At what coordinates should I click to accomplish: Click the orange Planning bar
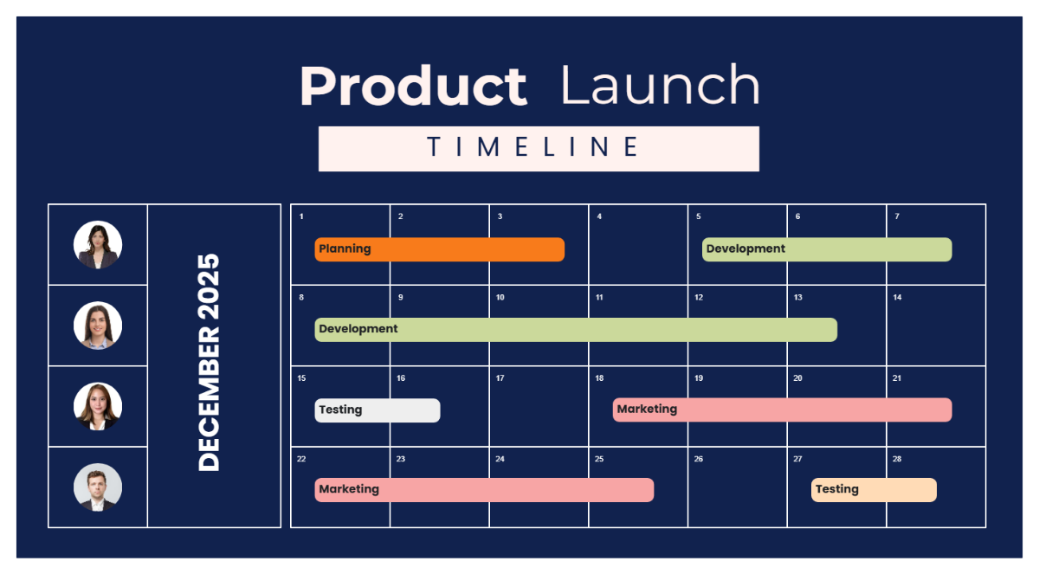click(439, 249)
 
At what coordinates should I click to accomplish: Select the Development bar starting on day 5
click(826, 249)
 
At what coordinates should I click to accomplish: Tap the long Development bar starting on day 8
click(576, 330)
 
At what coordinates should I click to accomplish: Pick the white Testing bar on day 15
click(377, 410)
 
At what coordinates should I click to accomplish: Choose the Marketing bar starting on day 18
click(782, 410)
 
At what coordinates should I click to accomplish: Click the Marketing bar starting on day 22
click(484, 490)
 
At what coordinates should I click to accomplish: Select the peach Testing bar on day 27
click(874, 490)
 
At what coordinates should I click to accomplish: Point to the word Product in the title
click(413, 87)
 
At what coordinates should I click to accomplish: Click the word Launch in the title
click(660, 87)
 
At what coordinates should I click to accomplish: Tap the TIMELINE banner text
click(539, 148)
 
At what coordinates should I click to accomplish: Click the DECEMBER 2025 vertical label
click(210, 363)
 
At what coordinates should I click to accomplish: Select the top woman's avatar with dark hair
click(98, 245)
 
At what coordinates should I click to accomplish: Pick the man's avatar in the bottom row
click(98, 487)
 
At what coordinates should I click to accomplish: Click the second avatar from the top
click(98, 326)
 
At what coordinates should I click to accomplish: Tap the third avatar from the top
click(98, 407)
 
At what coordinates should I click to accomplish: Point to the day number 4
click(599, 216)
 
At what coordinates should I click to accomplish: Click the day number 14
click(897, 298)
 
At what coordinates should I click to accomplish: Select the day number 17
click(500, 378)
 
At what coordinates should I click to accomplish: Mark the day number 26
click(699, 459)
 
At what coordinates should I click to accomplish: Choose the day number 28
click(897, 459)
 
